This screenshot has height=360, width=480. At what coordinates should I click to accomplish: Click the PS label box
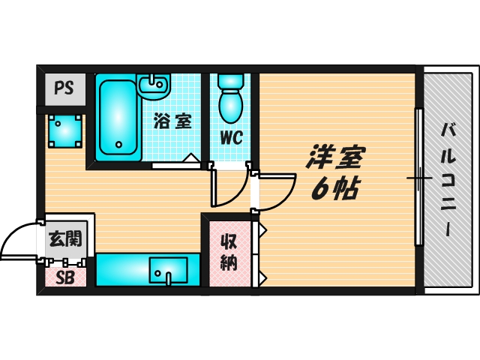click(64, 87)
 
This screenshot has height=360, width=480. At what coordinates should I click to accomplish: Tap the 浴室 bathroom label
click(172, 121)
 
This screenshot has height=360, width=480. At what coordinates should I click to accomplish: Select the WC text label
click(230, 137)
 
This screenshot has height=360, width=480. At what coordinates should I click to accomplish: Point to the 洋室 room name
click(335, 158)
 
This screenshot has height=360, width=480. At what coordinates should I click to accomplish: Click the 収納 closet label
click(229, 253)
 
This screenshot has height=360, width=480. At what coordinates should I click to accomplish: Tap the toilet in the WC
click(229, 100)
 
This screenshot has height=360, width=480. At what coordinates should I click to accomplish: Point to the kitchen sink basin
click(169, 268)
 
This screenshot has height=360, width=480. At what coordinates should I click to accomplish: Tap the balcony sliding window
click(418, 178)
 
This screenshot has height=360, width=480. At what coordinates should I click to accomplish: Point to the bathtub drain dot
click(117, 145)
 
